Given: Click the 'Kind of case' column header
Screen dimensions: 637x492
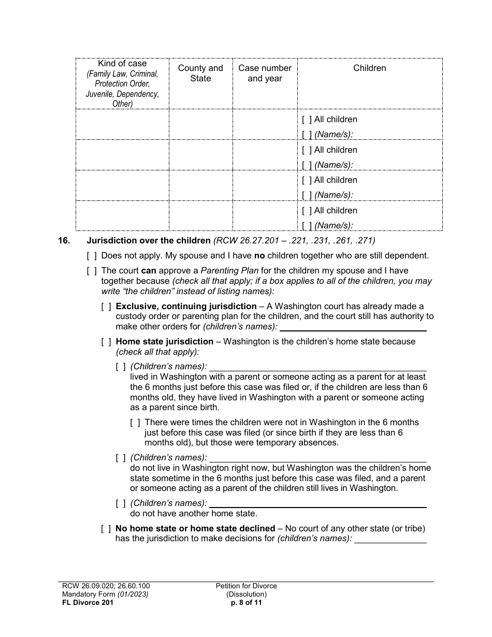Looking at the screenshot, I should click(122, 64).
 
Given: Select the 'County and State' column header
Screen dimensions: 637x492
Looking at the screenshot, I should click(200, 73).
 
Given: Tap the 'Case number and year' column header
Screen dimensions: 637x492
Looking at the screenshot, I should click(265, 73).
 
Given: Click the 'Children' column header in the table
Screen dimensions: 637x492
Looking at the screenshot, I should click(369, 68).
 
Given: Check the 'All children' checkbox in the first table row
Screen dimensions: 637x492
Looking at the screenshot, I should click(307, 120).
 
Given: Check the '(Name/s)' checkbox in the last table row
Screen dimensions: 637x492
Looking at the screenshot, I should click(307, 225).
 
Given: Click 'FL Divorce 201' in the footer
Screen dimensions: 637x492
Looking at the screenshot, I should click(85, 602).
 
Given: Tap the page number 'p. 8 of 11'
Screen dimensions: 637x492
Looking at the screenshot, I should click(247, 602).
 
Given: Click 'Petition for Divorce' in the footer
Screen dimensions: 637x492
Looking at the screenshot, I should click(247, 586).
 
